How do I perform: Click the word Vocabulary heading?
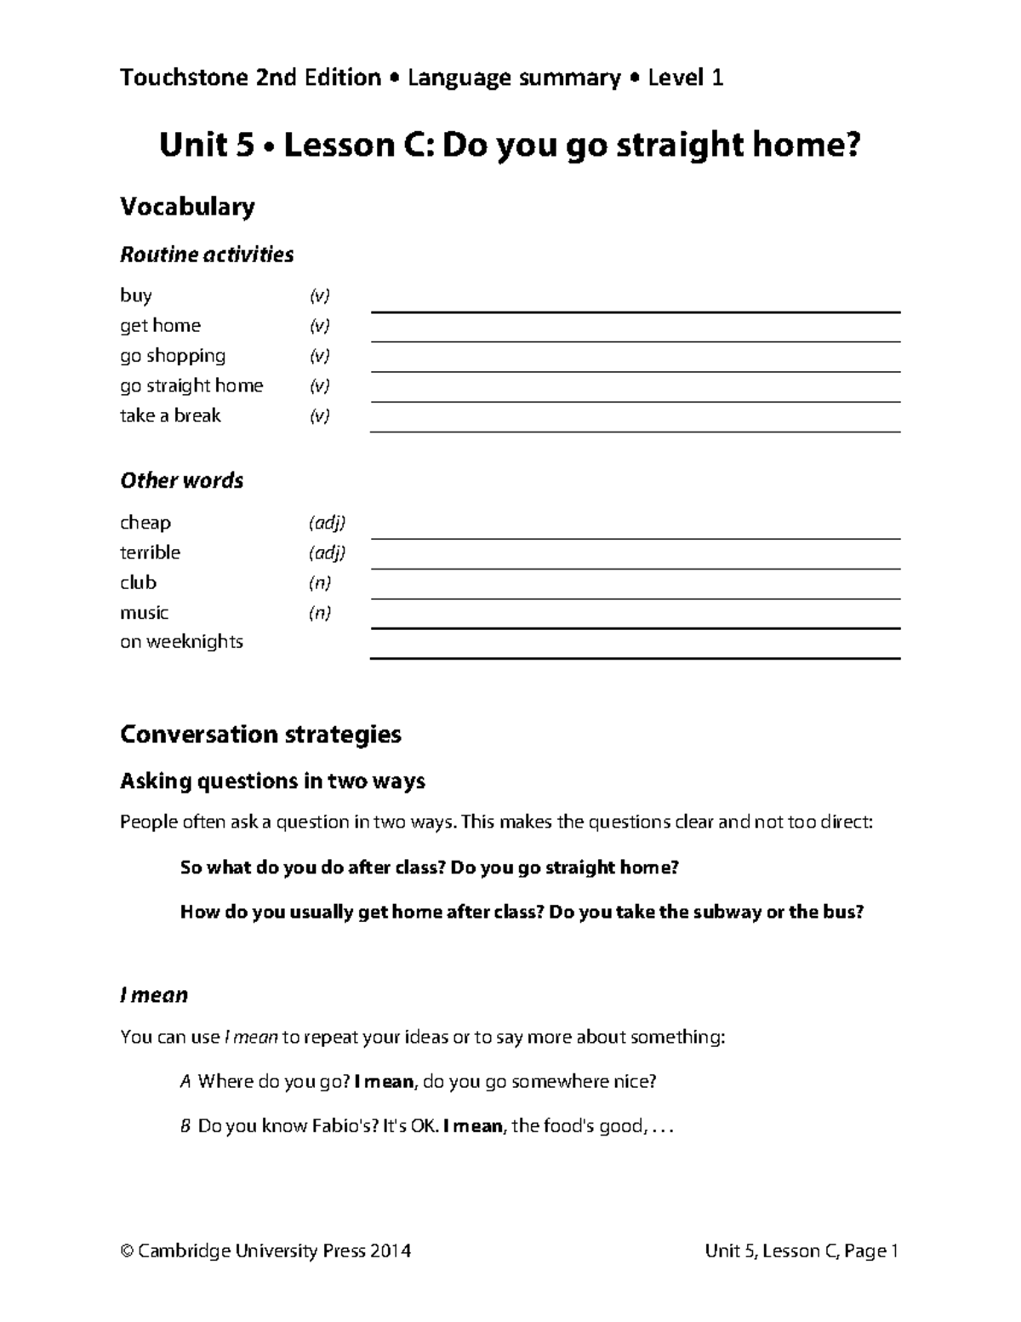[187, 207]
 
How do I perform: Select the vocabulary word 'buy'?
[136, 296]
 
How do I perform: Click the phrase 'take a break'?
[170, 415]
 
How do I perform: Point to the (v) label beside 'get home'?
[319, 326]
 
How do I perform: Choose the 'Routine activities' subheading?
[207, 255]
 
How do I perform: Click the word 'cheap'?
[145, 523]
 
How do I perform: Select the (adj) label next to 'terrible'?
[327, 553]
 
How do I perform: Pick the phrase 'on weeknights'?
[181, 642]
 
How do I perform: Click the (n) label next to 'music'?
[319, 613]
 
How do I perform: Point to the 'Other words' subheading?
[181, 481]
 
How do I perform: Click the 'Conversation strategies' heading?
[260, 735]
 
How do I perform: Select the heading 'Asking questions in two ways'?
[272, 781]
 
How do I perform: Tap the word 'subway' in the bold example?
[727, 913]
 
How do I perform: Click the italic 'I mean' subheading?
[154, 995]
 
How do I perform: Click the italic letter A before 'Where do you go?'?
[185, 1082]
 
